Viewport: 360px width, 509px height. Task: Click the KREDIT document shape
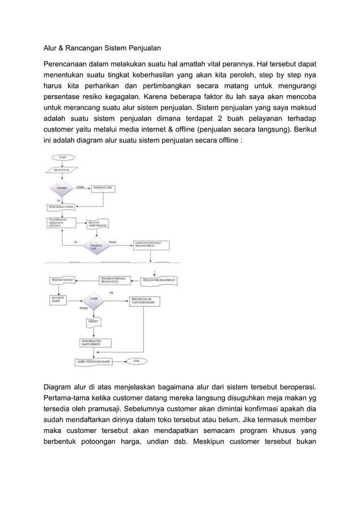click(x=93, y=322)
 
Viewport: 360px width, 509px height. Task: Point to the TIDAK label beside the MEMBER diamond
click(x=80, y=187)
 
